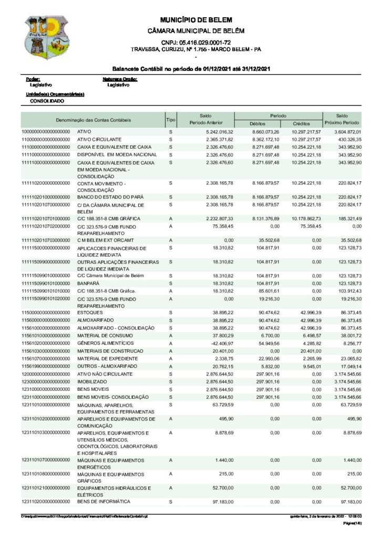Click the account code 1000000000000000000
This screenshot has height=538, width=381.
[x=46, y=131]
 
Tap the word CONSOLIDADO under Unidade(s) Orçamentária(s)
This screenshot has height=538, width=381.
[x=47, y=100]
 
